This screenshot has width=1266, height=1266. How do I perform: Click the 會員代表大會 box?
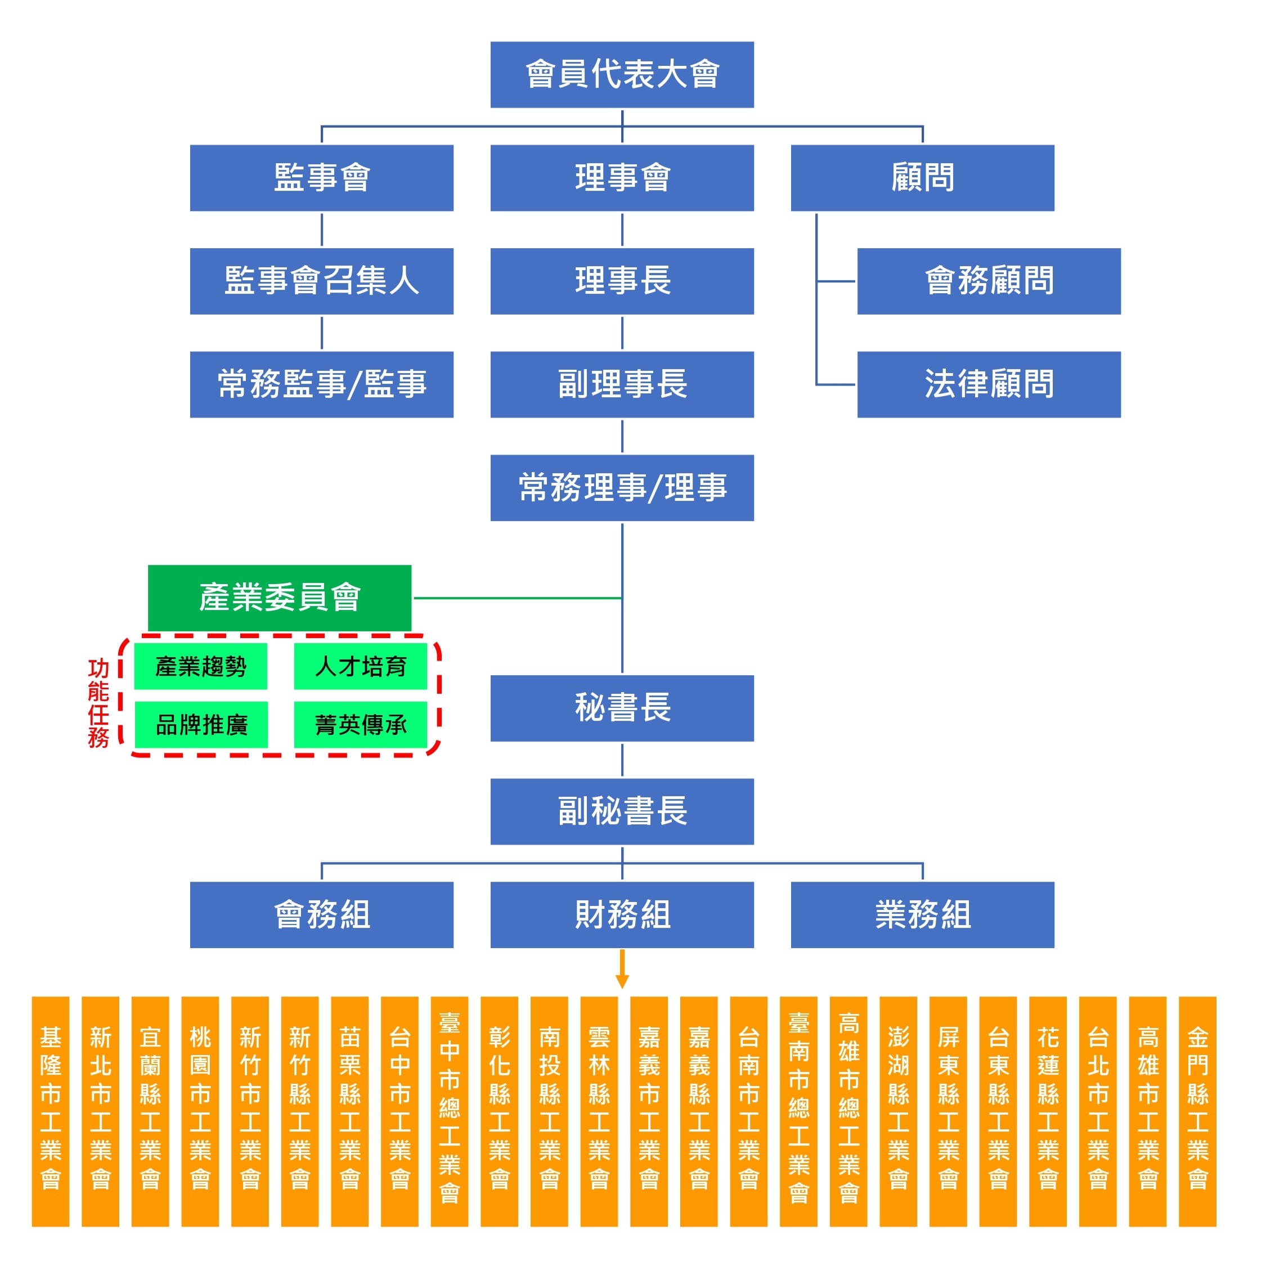(622, 75)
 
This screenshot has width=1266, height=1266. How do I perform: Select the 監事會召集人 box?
(321, 281)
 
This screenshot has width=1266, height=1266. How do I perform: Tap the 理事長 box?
(622, 281)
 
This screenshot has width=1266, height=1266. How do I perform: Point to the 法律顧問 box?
(989, 385)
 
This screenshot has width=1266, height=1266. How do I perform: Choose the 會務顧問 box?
(989, 281)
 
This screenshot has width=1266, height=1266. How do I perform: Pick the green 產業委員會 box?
(279, 598)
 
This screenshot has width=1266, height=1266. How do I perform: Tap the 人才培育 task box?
(361, 666)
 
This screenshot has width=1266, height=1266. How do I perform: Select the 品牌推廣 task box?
(201, 725)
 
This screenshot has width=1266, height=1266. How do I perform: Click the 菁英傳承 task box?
(361, 725)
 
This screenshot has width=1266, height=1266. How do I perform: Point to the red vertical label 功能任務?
(98, 703)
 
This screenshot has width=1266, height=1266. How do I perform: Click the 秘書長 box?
(622, 708)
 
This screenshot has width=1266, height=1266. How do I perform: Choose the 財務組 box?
(622, 915)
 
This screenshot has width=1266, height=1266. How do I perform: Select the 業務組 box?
(923, 915)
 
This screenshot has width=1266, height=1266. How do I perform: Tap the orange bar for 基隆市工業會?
(51, 1111)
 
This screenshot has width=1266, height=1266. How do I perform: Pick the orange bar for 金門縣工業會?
(1197, 1111)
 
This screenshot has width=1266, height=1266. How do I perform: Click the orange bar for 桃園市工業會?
(200, 1111)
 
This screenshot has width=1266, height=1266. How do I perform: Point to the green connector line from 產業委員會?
(518, 598)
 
